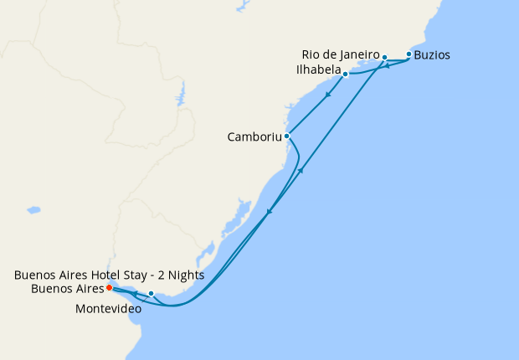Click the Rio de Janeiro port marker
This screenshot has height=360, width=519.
(x=384, y=57)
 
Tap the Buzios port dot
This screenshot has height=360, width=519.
(x=409, y=54)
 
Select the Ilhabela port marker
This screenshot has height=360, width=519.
(x=345, y=74)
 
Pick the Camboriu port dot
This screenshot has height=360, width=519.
(x=286, y=136)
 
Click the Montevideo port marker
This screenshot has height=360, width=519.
(x=151, y=293)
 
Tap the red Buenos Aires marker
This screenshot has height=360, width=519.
(x=109, y=288)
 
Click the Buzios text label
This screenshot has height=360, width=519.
(x=432, y=55)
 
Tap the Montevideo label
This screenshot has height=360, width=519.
(x=108, y=309)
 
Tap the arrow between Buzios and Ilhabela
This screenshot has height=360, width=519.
(x=387, y=66)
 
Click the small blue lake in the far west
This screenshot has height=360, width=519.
(x=33, y=209)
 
